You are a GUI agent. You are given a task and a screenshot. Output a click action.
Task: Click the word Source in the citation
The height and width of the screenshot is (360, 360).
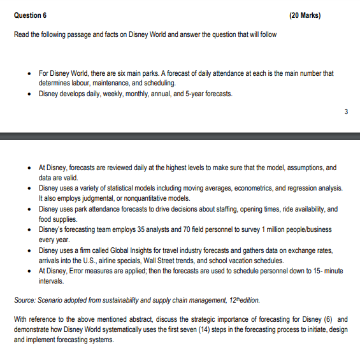coord(25,299)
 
